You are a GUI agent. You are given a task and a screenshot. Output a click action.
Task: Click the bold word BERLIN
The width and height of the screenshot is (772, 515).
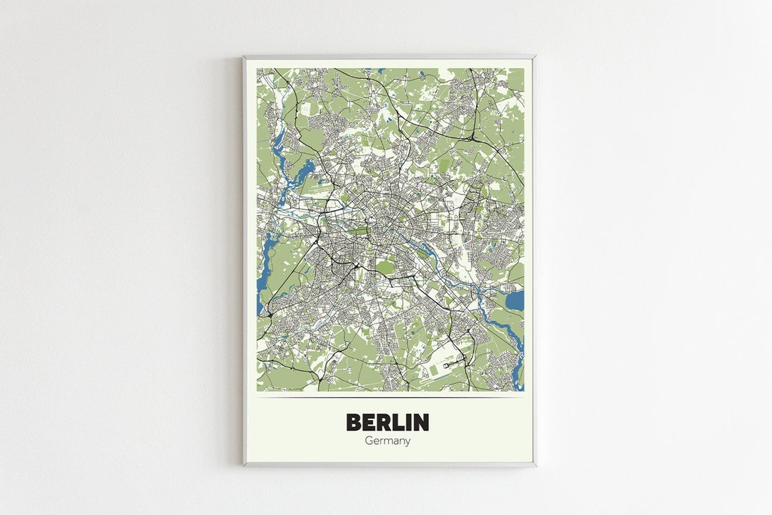coord(387,422)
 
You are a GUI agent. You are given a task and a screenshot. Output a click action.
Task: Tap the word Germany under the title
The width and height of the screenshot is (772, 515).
coord(387,441)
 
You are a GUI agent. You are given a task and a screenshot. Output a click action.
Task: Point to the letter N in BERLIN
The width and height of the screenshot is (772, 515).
coord(421,422)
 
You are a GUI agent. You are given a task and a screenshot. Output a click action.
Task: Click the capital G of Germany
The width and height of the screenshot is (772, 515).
coord(368,441)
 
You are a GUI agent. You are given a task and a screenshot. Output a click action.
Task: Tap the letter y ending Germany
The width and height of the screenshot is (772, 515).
coord(407,443)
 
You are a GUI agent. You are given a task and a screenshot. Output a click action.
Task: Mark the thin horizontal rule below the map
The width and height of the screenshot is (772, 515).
coord(390,398)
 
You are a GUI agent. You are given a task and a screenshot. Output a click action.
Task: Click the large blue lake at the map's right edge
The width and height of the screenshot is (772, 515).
coord(515,299)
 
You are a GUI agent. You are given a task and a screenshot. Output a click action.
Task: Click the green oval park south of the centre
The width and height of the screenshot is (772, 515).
coord(385,267)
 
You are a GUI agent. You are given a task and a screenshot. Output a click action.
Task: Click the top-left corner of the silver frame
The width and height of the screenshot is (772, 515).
coord(244,57)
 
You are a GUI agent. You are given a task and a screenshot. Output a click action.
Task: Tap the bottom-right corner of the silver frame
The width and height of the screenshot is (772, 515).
coord(535,465)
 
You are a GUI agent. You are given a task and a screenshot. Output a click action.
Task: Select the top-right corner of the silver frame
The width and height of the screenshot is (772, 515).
coord(535,57)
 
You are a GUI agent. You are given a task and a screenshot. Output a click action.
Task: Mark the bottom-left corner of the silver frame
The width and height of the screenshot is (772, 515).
coord(244,465)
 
